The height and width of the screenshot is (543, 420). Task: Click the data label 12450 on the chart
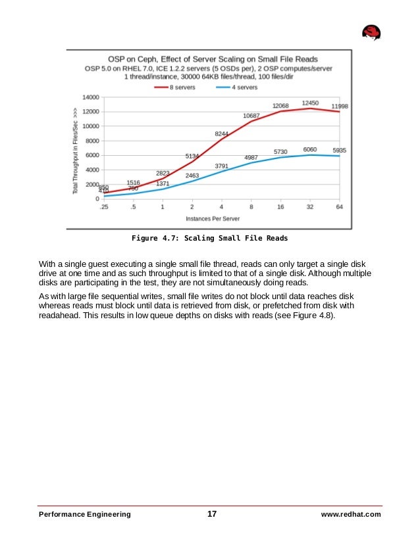point(311,103)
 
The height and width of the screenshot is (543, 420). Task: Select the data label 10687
point(251,116)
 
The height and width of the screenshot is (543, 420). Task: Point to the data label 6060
point(311,149)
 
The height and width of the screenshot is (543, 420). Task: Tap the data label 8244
point(222,133)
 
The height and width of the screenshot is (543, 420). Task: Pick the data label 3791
point(222,166)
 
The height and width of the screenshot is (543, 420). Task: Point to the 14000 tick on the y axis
point(90,97)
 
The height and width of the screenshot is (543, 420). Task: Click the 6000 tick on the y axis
point(92,155)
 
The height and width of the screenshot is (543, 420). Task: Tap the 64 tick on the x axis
point(340,207)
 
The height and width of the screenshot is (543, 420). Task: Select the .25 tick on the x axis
point(103,207)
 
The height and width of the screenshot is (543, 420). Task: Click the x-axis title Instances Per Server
point(213,218)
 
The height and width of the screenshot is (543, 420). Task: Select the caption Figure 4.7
point(210,238)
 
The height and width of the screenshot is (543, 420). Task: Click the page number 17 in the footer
point(212,514)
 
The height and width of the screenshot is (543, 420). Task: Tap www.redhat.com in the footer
point(351,514)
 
